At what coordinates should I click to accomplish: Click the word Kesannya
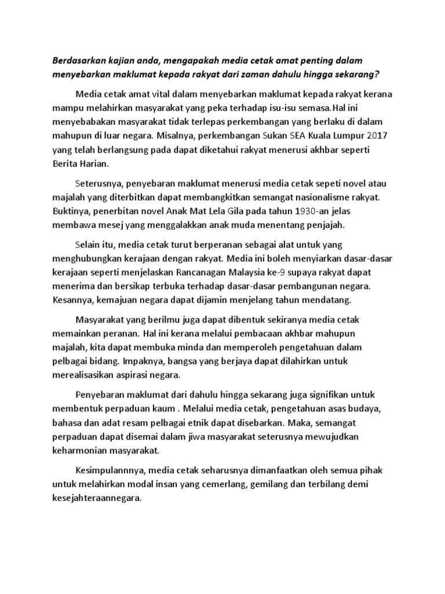(x=72, y=301)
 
